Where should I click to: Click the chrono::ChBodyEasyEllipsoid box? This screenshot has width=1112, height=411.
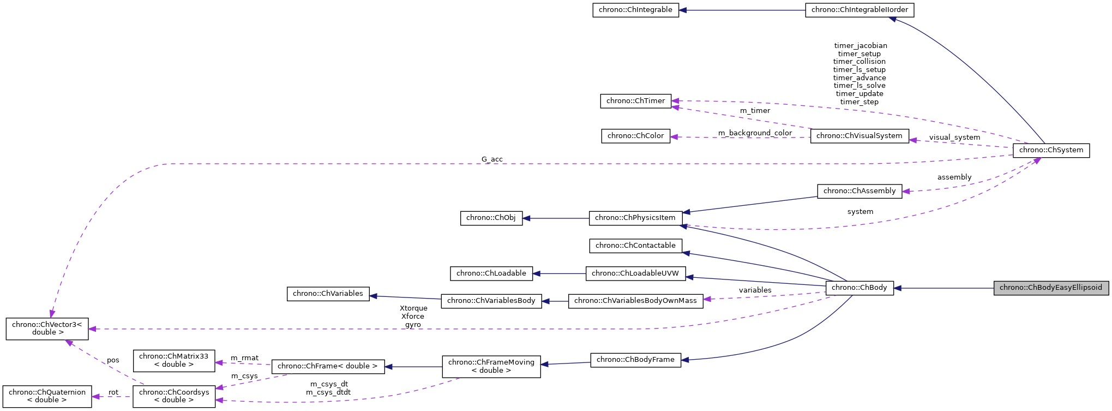coord(1050,288)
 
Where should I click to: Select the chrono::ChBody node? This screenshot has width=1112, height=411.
coord(859,288)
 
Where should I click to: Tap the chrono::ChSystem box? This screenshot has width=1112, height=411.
coord(1050,150)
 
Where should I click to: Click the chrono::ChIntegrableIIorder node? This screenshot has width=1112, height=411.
coord(859,10)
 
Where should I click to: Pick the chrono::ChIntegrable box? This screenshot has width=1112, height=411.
coord(635,10)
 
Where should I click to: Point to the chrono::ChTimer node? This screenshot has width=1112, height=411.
coord(635,101)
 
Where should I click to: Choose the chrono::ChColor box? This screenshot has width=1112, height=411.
coord(635,136)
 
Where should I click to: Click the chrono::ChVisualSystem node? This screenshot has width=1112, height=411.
coord(859,136)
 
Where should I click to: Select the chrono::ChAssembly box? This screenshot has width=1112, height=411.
coord(859,191)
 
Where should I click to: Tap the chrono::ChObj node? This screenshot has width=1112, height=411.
coord(491,218)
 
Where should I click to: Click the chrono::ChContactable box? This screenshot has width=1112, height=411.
coord(635,246)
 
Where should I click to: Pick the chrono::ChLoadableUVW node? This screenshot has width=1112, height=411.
coord(635,273)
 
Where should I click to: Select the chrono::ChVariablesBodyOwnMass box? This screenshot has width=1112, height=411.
coord(635,301)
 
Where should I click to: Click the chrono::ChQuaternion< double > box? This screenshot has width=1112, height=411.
coord(47,396)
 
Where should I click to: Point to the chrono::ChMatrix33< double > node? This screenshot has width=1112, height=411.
coord(173,360)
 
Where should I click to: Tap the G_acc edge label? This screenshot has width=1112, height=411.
coord(492,159)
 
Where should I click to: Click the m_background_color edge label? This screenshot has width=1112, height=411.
coord(755,133)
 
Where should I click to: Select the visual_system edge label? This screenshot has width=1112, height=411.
coord(954,138)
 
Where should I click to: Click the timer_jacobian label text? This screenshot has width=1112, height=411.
coord(860,46)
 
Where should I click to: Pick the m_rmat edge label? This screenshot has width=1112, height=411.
coord(244,358)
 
